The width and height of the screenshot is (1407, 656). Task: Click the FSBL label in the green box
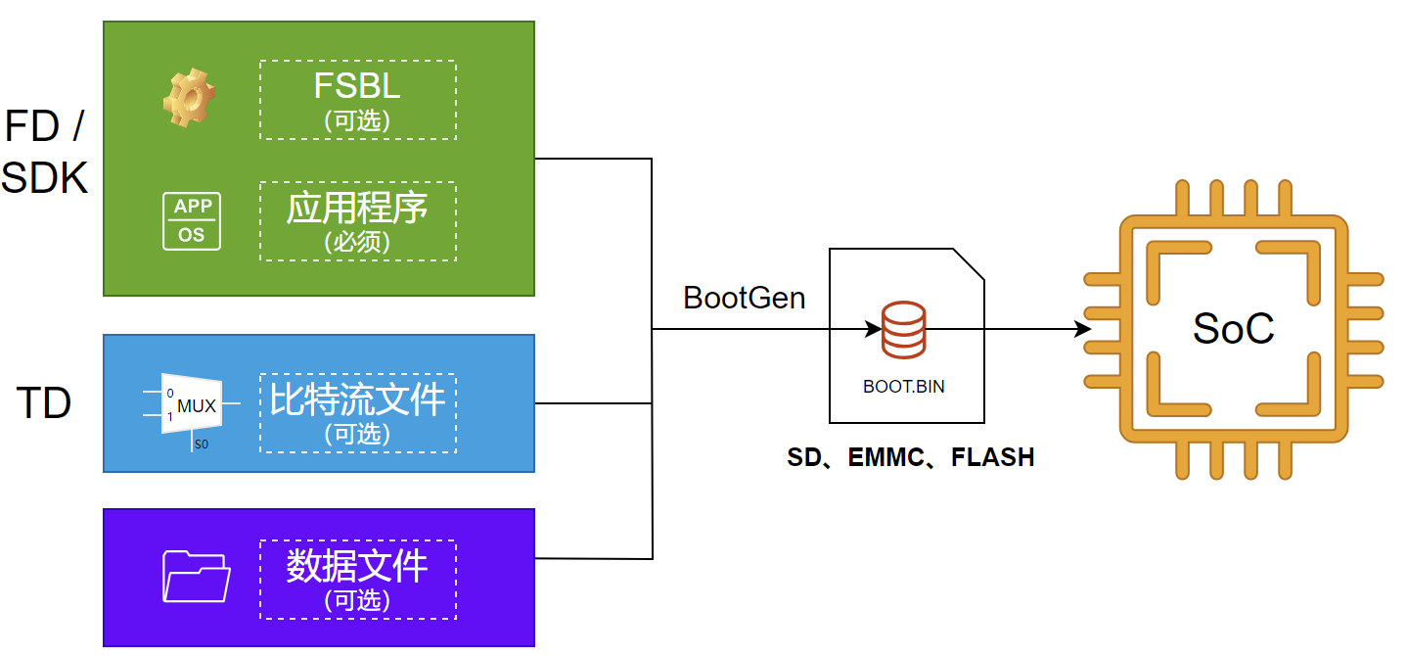[357, 86]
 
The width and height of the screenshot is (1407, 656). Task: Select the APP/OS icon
[192, 221]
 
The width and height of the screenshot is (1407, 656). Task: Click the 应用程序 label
[357, 209]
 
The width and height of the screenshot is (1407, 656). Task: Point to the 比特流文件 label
[357, 399]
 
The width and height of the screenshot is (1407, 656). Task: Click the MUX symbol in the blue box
[193, 404]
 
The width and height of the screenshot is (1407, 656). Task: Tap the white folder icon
[196, 576]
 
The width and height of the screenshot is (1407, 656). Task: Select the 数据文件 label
[357, 566]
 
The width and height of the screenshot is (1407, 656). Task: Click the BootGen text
[744, 298]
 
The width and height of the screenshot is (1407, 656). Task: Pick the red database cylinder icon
[903, 331]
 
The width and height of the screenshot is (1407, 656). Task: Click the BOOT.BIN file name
[903, 386]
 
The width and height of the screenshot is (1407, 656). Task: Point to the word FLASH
[993, 457]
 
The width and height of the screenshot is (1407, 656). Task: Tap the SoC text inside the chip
[1233, 329]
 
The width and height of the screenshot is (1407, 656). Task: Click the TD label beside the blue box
[44, 403]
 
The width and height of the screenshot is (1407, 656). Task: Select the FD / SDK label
[44, 152]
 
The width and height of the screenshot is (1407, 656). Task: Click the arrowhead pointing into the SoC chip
[1082, 330]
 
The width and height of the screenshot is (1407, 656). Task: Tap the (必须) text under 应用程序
[357, 240]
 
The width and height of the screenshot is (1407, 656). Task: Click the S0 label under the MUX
[201, 444]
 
